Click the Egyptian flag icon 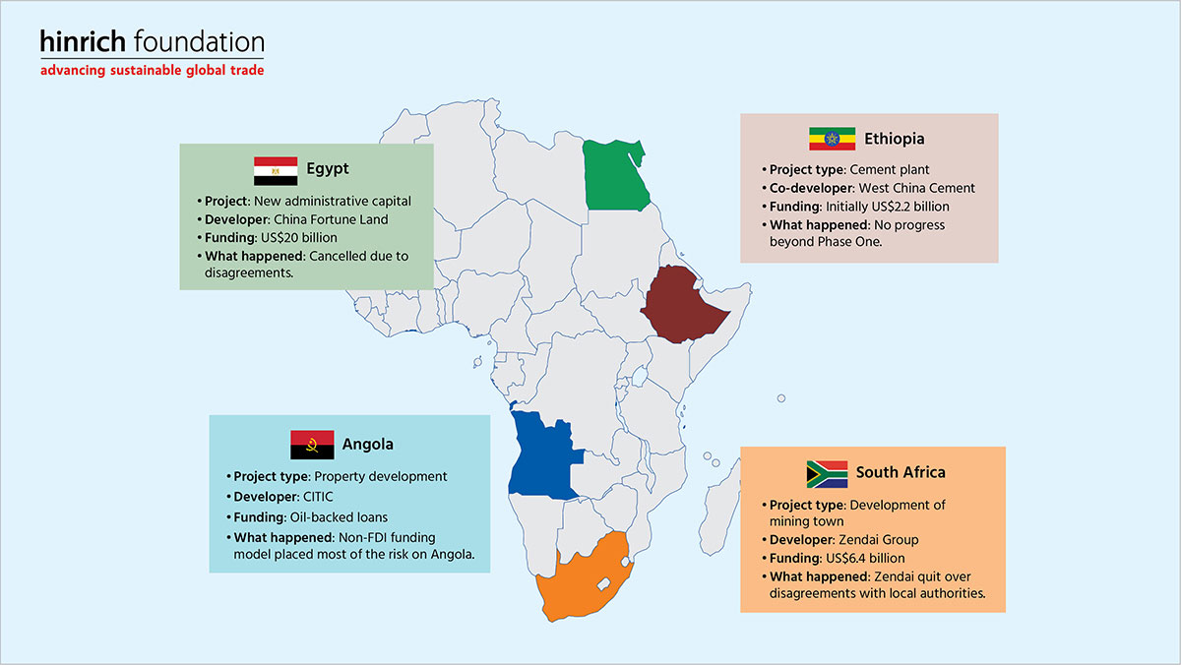pos(276,171)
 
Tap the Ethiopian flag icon pos(832,139)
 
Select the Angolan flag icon pos(312,445)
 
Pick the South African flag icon pos(827,474)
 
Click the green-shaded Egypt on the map pos(614,176)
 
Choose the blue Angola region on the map pos(543,455)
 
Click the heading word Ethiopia pos(895,139)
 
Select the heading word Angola pos(367,445)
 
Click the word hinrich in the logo pos(83,41)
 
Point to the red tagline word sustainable pos(146,70)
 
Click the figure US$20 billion pos(299,238)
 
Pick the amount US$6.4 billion pos(864,558)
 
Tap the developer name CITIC pos(318,497)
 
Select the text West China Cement pos(917,188)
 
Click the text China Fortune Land pos(331,219)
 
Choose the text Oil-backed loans pos(339,517)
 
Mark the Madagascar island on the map pos(719,507)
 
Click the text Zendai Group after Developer pos(878,540)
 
